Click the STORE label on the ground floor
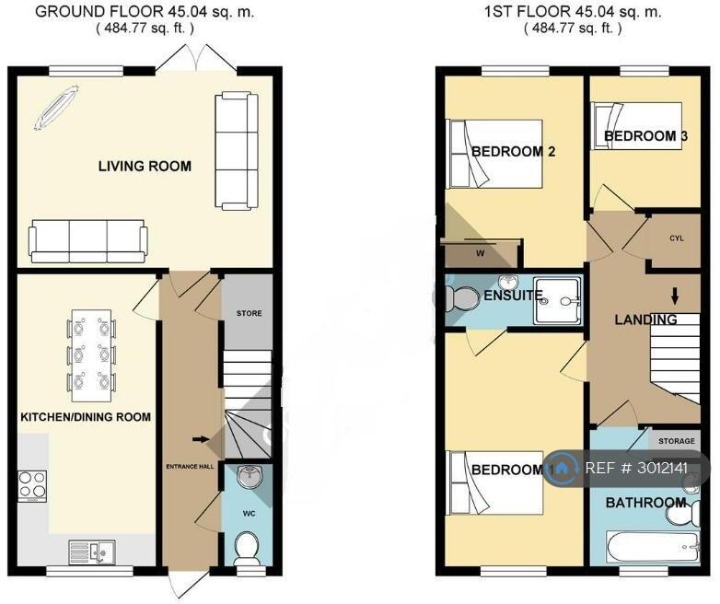tap(249, 313)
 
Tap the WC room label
tap(250, 514)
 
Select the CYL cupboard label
tap(677, 238)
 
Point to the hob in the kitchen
tap(32, 485)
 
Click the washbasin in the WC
tap(249, 476)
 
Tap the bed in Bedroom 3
tap(636, 126)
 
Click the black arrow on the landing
tap(675, 296)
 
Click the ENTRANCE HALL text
tap(190, 467)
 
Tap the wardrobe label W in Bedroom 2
tap(480, 253)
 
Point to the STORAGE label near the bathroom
tap(677, 441)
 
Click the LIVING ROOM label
tap(145, 166)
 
